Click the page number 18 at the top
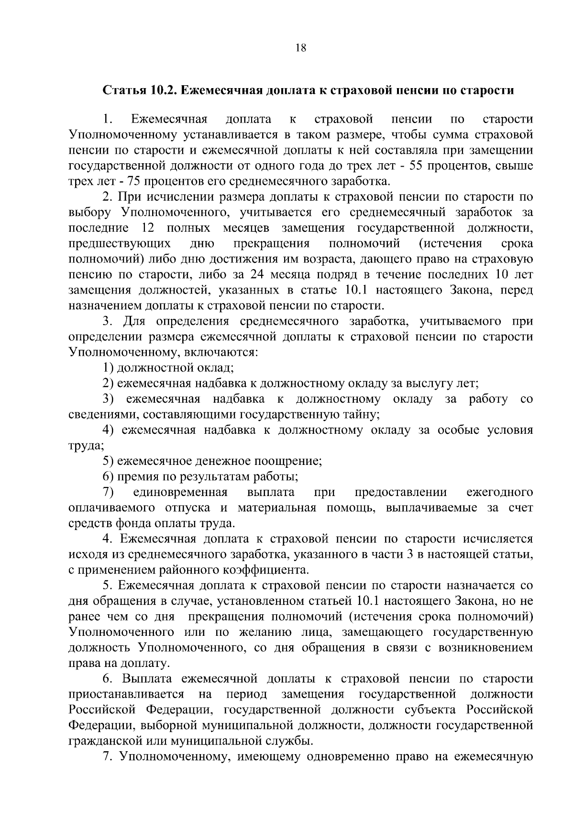click(301, 47)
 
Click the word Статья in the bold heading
click(121, 90)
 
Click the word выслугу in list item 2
click(430, 383)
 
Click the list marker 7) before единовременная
click(108, 492)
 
